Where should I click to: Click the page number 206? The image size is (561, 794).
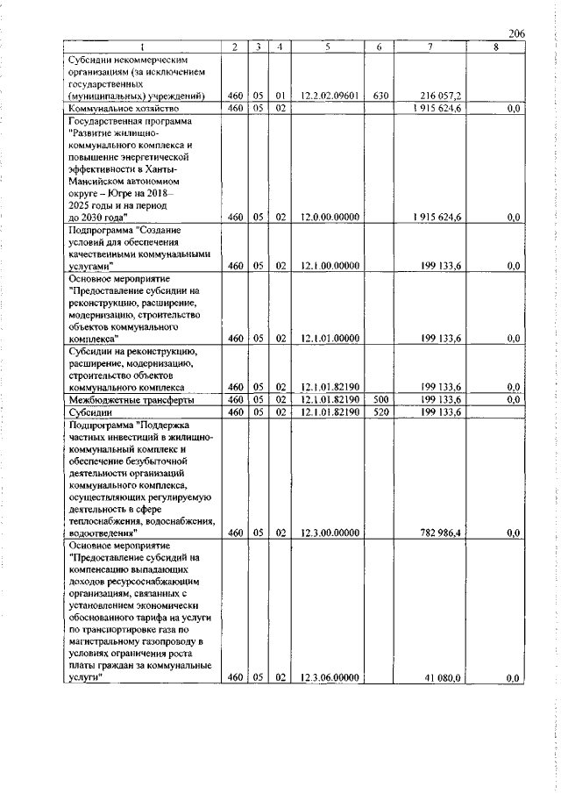click(516, 33)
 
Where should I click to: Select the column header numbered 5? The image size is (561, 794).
click(325, 46)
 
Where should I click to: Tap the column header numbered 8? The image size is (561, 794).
click(495, 46)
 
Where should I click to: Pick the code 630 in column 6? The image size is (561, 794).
click(380, 96)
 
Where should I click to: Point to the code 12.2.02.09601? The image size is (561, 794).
click(325, 96)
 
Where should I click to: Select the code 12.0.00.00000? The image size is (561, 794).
click(325, 216)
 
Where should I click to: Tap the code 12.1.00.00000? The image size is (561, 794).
click(325, 265)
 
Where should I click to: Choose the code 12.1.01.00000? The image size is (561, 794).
click(325, 338)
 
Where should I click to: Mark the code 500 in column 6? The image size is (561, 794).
click(380, 399)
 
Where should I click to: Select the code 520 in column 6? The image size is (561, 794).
click(380, 411)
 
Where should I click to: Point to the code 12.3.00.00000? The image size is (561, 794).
click(325, 533)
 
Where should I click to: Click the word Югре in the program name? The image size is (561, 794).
click(119, 192)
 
